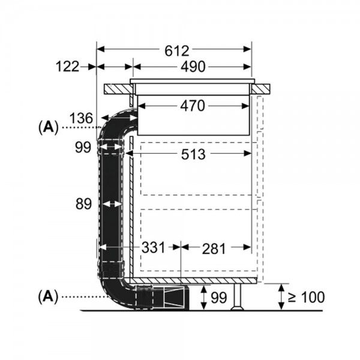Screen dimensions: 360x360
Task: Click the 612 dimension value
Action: (175, 50)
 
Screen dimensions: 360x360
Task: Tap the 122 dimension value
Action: (68, 67)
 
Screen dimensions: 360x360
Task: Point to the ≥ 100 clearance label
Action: (308, 296)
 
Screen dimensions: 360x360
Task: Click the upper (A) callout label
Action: (48, 127)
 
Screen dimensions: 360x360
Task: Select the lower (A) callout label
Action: (48, 296)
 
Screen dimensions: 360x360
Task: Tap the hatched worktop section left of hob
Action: (118, 89)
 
